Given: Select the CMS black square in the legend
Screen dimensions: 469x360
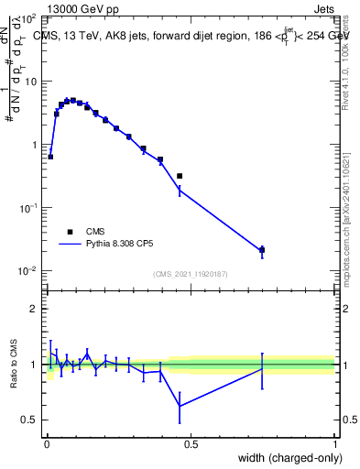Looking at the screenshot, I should tap(69, 232).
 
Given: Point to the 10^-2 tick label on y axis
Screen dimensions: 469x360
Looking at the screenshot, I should tap(27, 271).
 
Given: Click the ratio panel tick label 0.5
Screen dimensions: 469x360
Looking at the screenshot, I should tap(30, 420).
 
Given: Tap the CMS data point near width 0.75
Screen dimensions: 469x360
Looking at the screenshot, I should tap(262, 249).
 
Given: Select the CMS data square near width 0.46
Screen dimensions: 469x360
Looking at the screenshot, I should tap(180, 176).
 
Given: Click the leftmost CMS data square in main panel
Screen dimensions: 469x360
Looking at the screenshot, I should tap(50, 157).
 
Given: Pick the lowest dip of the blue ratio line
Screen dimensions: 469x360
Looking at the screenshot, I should tap(180, 406).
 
